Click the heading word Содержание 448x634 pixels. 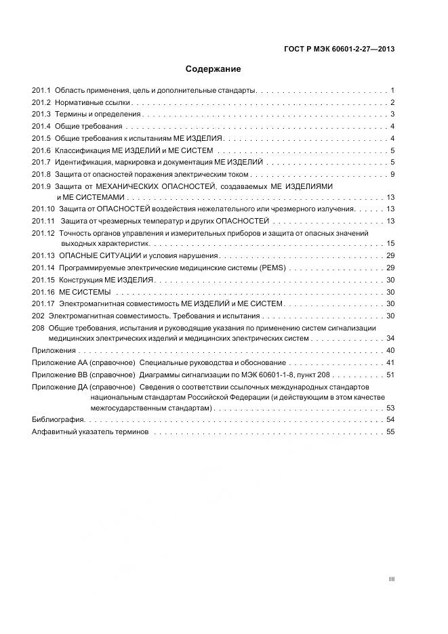click(213, 69)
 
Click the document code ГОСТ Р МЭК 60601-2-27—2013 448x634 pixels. click(340, 49)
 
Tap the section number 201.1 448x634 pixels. click(41, 90)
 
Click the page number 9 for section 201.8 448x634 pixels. click(392, 175)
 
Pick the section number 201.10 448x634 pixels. click(43, 209)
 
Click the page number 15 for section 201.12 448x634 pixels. click(390, 243)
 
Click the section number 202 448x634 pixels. click(38, 316)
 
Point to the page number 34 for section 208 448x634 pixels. click(390, 338)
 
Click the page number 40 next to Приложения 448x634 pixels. click(390, 350)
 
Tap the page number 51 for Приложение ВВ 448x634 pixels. click(390, 375)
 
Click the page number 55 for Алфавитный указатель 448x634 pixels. click(390, 432)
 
